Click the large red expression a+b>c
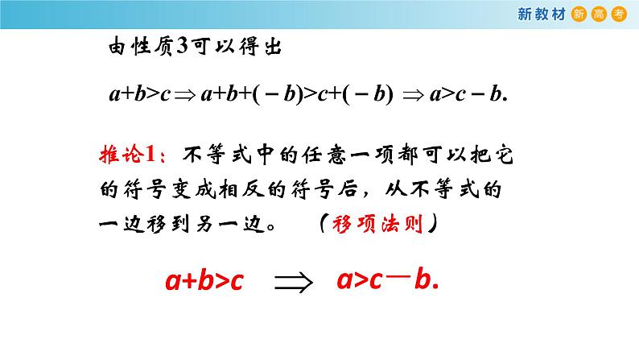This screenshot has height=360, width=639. click(204, 282)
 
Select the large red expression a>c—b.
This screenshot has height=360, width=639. click(387, 281)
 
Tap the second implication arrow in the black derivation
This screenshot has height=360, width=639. click(411, 94)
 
